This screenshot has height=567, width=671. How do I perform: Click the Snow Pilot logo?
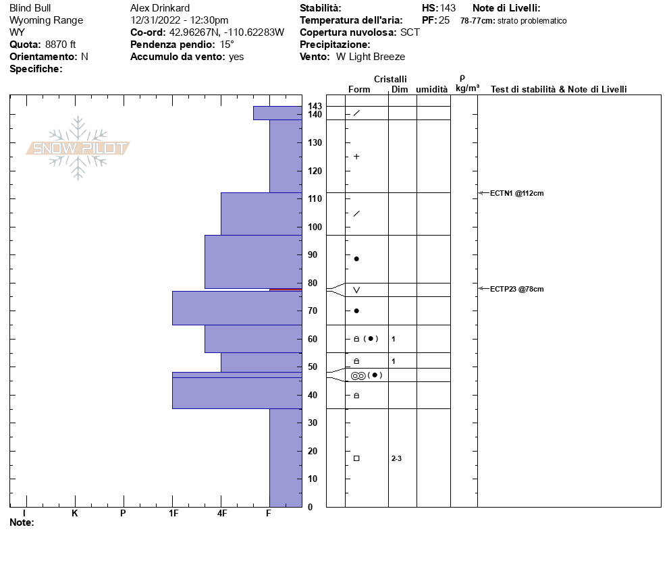tap(78, 148)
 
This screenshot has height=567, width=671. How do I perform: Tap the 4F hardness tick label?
tap(221, 514)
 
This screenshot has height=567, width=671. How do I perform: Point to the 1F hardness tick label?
tap(173, 514)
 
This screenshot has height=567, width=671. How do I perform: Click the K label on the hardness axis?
tap(74, 514)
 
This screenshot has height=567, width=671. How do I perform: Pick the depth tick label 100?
tap(315, 227)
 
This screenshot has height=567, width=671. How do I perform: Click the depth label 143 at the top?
tap(315, 106)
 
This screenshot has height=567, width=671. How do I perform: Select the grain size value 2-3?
tap(397, 459)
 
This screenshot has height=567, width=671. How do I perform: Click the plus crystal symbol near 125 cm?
tap(356, 157)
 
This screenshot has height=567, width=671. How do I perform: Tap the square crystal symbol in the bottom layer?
tap(356, 458)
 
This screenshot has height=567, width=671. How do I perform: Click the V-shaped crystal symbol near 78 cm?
tap(356, 290)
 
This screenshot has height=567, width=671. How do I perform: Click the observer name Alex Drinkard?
tap(160, 8)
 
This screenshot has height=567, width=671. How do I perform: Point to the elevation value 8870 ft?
tap(61, 45)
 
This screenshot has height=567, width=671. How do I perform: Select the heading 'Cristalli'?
tap(390, 79)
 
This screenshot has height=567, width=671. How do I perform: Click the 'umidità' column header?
tap(431, 89)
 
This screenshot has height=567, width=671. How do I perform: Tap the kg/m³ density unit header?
tap(467, 88)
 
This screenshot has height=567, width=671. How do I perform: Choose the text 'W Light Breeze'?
tap(371, 57)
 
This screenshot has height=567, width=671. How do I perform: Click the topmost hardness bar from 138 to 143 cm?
tap(277, 113)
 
